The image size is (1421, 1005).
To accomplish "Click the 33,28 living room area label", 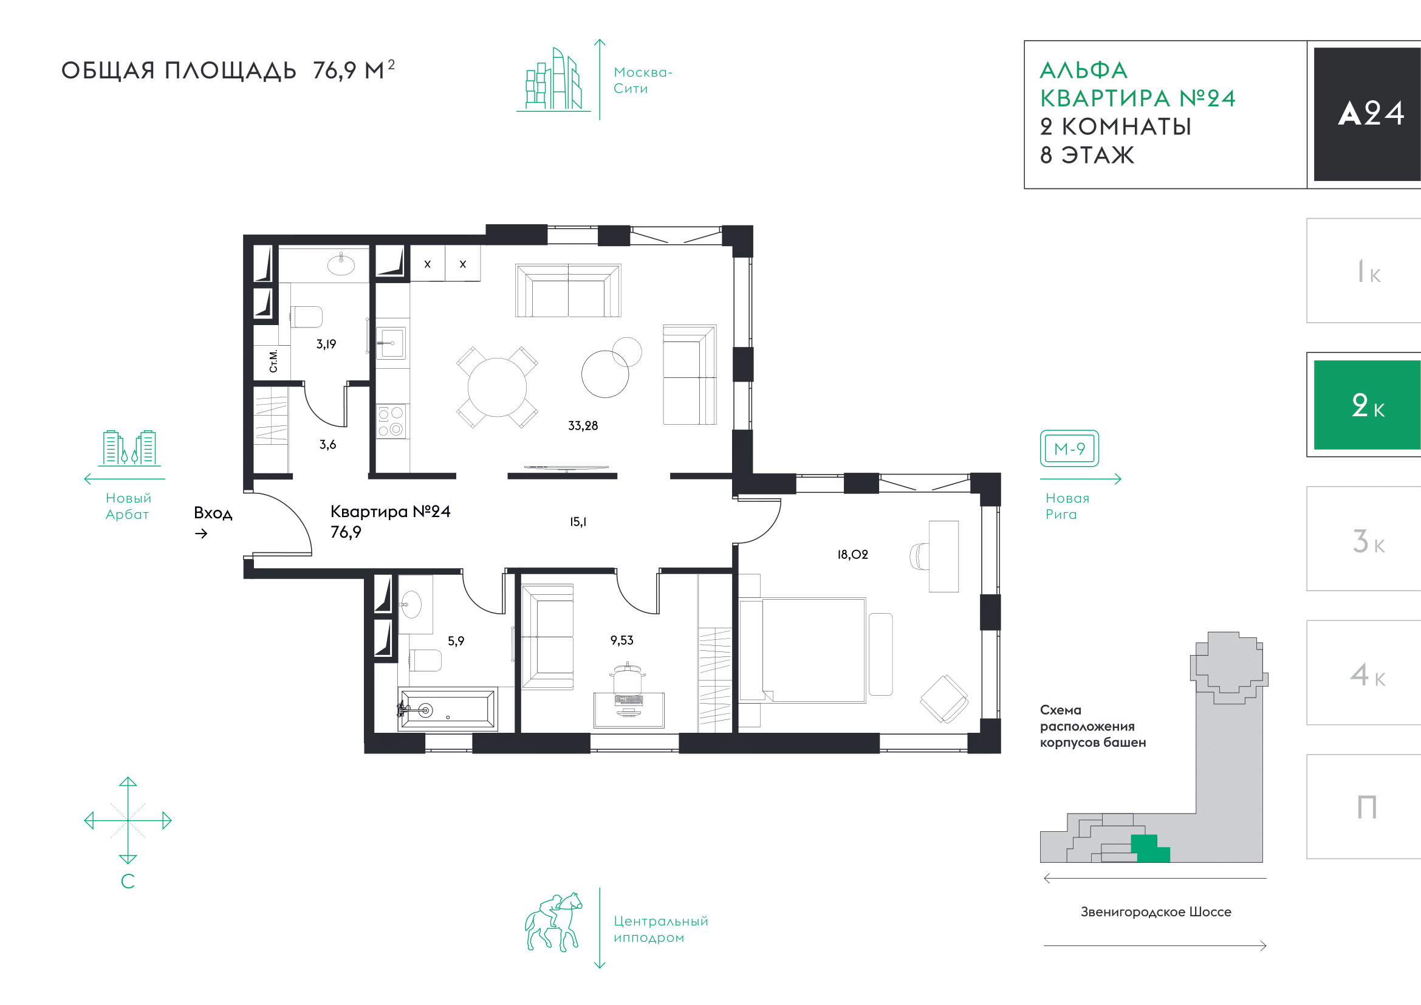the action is click(583, 426).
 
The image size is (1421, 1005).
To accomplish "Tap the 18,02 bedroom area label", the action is click(852, 555).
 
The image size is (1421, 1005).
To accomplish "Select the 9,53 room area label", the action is click(621, 640).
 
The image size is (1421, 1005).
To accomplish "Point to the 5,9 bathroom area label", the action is click(456, 641).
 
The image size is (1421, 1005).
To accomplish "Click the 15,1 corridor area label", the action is click(578, 522).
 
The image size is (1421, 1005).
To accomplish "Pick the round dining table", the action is click(497, 388).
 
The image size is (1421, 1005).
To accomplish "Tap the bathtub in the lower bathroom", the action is click(448, 709).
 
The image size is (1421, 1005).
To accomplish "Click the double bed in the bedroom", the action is click(803, 650).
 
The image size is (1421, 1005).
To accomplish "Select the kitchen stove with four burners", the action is click(391, 421).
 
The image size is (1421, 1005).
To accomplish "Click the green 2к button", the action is click(1366, 405).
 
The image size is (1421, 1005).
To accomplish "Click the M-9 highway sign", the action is click(1069, 448).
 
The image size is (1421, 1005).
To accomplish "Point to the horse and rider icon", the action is click(553, 922).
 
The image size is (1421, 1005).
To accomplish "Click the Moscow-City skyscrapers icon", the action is click(553, 79).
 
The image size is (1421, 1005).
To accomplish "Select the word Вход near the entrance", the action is click(213, 513).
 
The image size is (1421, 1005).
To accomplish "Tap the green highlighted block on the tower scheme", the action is click(1150, 848).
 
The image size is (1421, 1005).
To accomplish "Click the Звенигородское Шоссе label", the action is click(1156, 911).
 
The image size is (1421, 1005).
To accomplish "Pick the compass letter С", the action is click(128, 881).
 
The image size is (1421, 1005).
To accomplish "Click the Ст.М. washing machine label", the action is click(273, 361).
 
